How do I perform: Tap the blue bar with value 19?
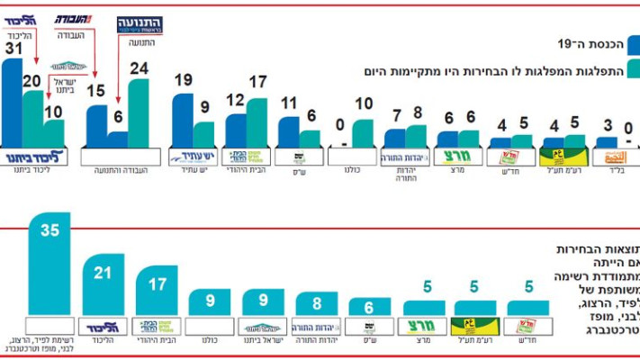click(x=183, y=121)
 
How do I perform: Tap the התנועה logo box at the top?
click(x=140, y=25)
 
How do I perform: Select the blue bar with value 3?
click(x=607, y=142)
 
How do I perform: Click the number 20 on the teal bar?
click(x=32, y=81)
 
